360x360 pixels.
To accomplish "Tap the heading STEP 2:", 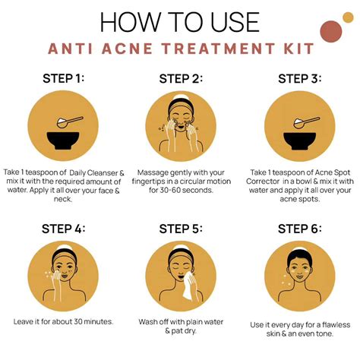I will (x=180, y=78).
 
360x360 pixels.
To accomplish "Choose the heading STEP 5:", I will (x=180, y=229).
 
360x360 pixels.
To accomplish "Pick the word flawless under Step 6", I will (x=329, y=325).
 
